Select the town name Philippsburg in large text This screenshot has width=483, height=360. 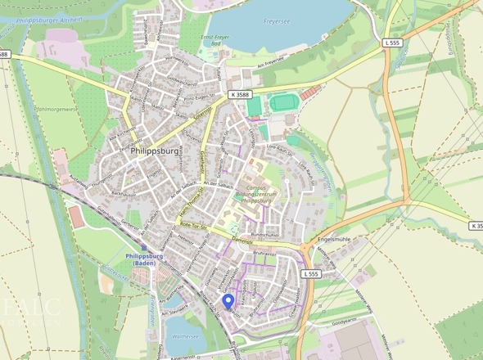click(x=156, y=151)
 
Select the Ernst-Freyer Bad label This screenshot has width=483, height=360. click(x=217, y=42)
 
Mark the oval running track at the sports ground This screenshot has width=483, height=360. click(x=284, y=103)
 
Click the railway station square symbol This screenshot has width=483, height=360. click(x=144, y=246)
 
